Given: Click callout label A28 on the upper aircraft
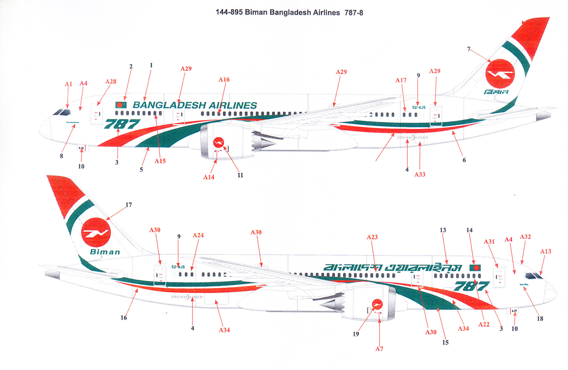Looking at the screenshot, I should point(111,81).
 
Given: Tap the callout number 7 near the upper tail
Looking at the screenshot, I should point(468,49).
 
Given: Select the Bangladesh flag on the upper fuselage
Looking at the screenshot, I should point(121,105).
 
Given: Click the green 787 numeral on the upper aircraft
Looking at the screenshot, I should point(122,124).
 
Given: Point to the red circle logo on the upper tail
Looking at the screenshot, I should point(500,74).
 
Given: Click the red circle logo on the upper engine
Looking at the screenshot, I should point(218,143).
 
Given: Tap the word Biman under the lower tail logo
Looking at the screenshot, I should point(105,252).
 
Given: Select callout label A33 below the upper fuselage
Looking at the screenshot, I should point(419,175).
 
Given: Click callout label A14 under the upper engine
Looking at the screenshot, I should point(209,177).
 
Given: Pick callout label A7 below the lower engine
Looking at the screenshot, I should point(379,349).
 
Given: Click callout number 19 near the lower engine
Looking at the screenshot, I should point(356,334).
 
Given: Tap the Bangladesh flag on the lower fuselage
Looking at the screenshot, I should point(475,268).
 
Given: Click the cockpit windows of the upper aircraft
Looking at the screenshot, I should point(62,112).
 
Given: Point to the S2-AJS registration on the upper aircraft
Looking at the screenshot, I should point(419,107).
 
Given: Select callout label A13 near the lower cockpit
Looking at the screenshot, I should point(546,251).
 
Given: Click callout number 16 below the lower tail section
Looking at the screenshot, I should point(124,318).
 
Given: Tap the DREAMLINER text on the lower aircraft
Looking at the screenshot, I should point(187,297).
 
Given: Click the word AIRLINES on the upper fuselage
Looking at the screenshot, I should point(233,105).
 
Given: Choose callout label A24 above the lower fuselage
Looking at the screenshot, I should point(198,235).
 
